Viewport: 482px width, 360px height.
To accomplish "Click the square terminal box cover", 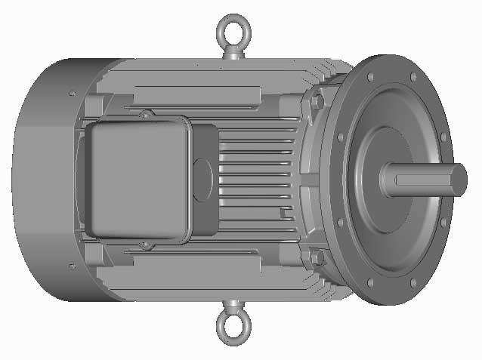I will (136, 178).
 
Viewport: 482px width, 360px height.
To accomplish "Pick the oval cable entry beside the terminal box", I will (202, 180).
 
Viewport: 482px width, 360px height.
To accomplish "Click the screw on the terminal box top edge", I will (144, 115).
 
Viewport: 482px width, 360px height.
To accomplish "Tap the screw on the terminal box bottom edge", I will (144, 246).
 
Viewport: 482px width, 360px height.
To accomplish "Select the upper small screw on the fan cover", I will (72, 93).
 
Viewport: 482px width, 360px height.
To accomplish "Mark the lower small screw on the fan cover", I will (71, 266).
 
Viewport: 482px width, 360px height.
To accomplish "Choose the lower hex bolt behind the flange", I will (317, 257).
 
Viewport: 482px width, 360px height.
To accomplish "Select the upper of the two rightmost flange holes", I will (443, 138).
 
